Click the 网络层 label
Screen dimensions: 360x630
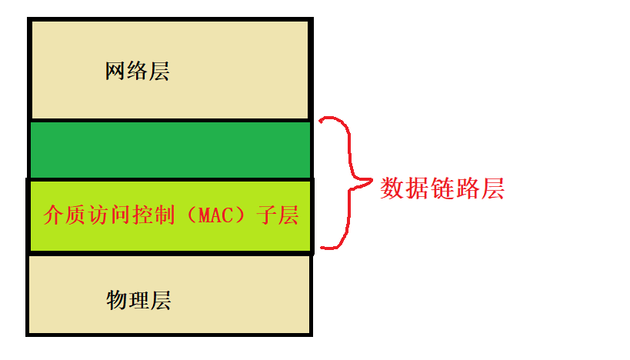(x=137, y=72)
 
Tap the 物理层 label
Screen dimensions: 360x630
(x=138, y=299)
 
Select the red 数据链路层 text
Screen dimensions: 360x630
(x=442, y=188)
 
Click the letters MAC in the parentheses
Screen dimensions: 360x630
(x=215, y=216)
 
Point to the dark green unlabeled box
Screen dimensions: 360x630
(x=170, y=150)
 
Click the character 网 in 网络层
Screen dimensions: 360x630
(x=115, y=72)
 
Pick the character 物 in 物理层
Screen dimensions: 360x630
(x=116, y=299)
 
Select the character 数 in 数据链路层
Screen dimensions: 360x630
(x=392, y=188)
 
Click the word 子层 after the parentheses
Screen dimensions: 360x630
(x=278, y=215)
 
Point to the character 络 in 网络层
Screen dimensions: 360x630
(x=137, y=72)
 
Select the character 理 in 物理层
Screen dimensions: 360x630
(x=138, y=299)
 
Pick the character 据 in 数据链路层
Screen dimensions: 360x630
(x=417, y=188)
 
